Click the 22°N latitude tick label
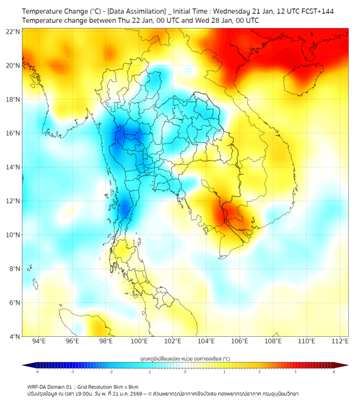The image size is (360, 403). click(x=13, y=32)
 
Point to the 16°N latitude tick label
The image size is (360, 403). click(x=13, y=133)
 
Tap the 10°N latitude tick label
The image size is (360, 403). click(x=13, y=235)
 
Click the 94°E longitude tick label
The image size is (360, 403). click(x=39, y=341)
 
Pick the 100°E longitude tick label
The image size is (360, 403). click(x=140, y=341)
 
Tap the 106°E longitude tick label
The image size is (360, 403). click(x=240, y=341)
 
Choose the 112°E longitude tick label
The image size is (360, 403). click(x=340, y=341)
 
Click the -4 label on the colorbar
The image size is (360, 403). click(x=36, y=372)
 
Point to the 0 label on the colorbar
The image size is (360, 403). click(x=185, y=372)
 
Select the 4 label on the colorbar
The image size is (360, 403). click(x=333, y=372)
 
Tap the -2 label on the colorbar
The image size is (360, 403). click(x=110, y=372)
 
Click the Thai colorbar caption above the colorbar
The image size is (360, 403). click(x=185, y=358)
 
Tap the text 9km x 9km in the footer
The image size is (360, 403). click(x=126, y=386)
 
